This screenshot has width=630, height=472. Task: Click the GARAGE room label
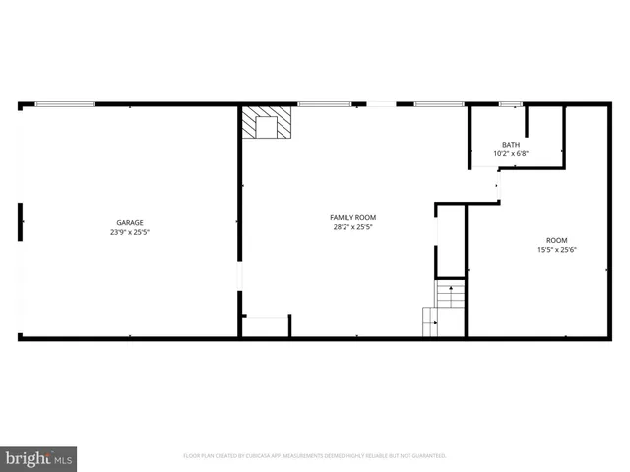point(130,223)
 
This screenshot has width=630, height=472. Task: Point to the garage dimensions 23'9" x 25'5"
point(130,233)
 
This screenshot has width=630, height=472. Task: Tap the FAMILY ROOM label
point(352,217)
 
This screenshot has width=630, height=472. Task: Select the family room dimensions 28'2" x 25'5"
point(352,227)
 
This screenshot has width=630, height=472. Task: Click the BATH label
point(511,145)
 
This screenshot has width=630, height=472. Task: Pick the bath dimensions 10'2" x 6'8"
point(511,153)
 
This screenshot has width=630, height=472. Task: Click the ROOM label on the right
point(557,240)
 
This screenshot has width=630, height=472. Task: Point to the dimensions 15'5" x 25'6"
point(557,250)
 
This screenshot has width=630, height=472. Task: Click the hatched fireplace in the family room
point(267,124)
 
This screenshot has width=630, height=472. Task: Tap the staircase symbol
point(444,308)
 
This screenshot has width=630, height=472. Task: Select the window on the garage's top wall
point(65,103)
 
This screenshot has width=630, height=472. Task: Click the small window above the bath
point(510,103)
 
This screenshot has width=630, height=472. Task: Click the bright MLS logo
point(38,458)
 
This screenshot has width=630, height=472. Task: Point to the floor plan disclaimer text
point(315,456)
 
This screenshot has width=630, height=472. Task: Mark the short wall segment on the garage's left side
point(20,221)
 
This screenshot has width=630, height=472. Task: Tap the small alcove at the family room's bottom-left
point(265,326)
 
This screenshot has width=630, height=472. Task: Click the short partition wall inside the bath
point(528,121)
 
